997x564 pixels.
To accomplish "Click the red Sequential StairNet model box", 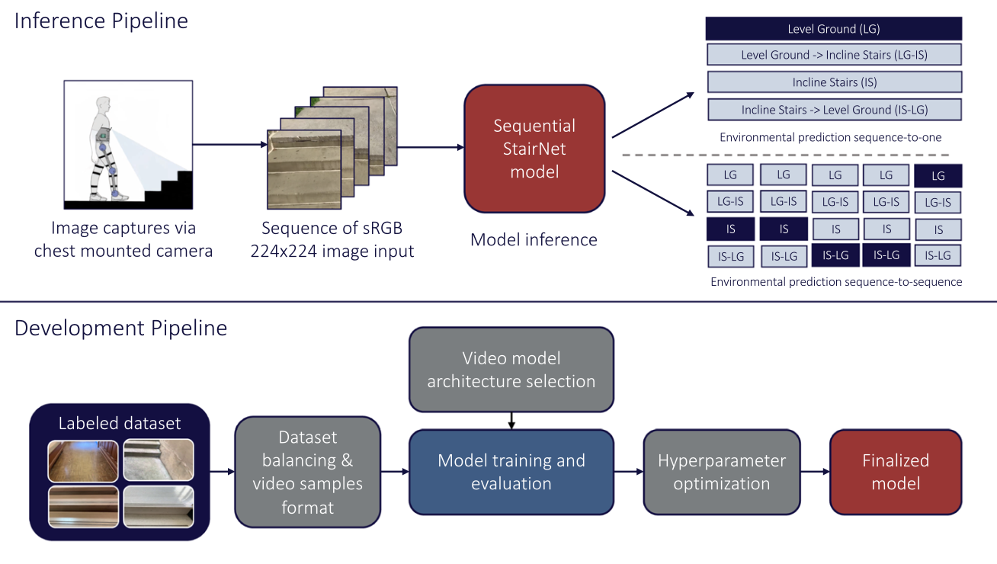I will click(x=534, y=149).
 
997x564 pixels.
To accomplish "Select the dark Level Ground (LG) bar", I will click(x=834, y=29).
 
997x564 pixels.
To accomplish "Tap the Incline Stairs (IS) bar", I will click(x=834, y=82).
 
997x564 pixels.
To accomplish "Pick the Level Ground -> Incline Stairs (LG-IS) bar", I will click(x=834, y=55).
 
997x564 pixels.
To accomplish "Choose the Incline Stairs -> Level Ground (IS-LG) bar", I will click(x=834, y=110).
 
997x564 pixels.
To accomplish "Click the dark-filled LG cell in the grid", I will click(x=938, y=176).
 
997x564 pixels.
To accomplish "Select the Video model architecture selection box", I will click(x=511, y=370).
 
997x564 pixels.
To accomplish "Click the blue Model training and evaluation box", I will click(x=511, y=472).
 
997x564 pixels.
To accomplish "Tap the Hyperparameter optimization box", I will click(x=722, y=472).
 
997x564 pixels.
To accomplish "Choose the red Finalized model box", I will click(x=896, y=472).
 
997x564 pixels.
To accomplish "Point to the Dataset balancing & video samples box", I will click(x=307, y=472).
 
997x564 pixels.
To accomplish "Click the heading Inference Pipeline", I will click(x=101, y=21).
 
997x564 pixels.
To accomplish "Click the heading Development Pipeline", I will click(x=120, y=328).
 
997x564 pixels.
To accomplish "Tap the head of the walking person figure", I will click(x=104, y=104).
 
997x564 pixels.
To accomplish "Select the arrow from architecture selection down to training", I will click(x=511, y=420).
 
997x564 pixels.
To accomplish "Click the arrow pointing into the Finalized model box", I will click(x=815, y=472).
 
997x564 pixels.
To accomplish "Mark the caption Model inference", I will click(x=534, y=240).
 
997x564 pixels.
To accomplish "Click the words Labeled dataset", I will click(x=120, y=423).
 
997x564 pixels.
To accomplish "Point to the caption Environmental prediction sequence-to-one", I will click(x=830, y=138).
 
